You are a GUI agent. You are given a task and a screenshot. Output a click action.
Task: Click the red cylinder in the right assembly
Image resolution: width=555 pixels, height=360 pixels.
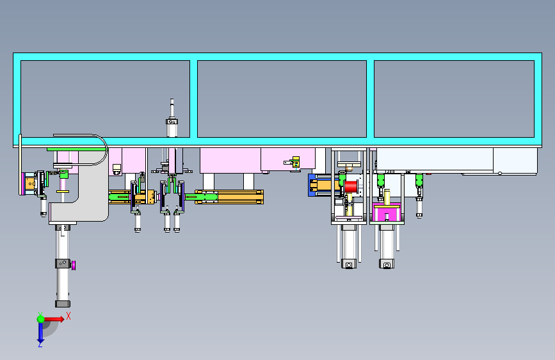[x=351, y=186]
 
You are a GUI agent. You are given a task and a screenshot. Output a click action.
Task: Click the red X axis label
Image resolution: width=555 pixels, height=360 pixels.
[x=68, y=316]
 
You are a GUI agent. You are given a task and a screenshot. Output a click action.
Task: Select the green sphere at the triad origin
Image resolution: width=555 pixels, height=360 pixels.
[x=41, y=319]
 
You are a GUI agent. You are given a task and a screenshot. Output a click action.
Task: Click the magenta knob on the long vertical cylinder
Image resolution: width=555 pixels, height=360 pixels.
[x=74, y=265]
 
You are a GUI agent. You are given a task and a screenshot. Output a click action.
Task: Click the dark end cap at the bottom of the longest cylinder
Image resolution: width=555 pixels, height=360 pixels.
[x=63, y=304]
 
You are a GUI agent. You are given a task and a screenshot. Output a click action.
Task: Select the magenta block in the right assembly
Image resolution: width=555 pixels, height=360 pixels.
[x=387, y=213]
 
